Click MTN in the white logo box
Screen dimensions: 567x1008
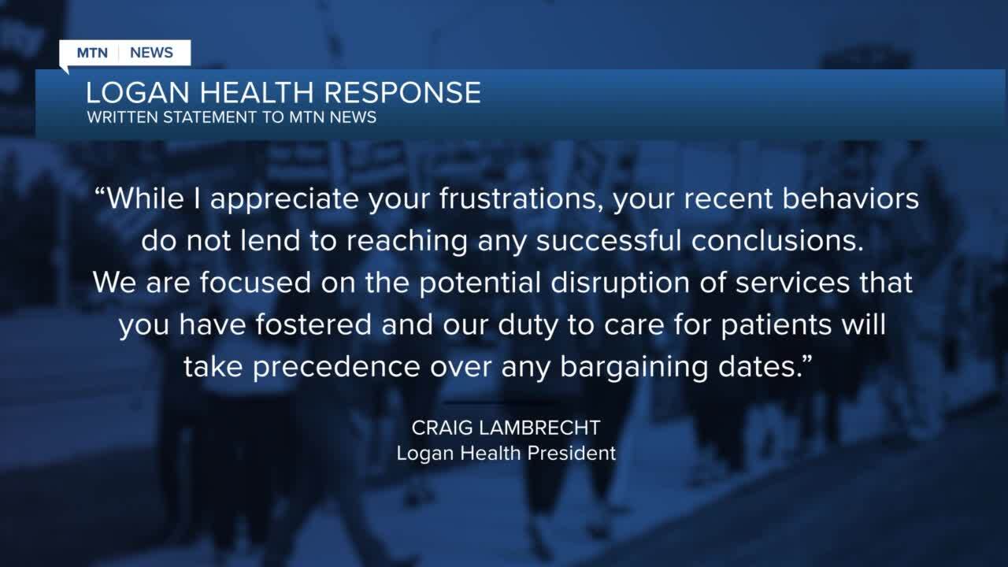click(93, 53)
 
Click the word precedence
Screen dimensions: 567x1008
click(340, 366)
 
